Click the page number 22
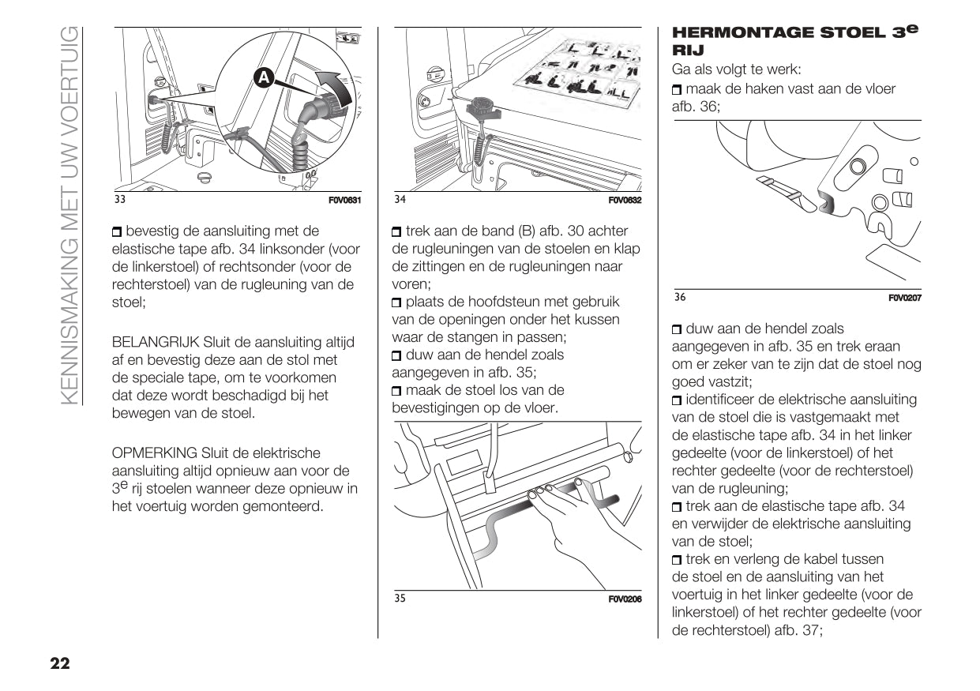click(x=60, y=663)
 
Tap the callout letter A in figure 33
click(x=263, y=77)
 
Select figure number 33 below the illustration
click(x=120, y=200)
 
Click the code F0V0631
click(x=344, y=201)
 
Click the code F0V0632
click(x=625, y=201)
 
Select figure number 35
click(x=400, y=599)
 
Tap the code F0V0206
click(x=625, y=599)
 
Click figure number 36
click(x=680, y=297)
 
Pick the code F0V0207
click(x=905, y=298)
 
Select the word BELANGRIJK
click(x=156, y=342)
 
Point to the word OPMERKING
click(x=154, y=453)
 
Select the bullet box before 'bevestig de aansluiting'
click(x=118, y=232)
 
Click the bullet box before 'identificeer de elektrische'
click(x=677, y=400)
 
